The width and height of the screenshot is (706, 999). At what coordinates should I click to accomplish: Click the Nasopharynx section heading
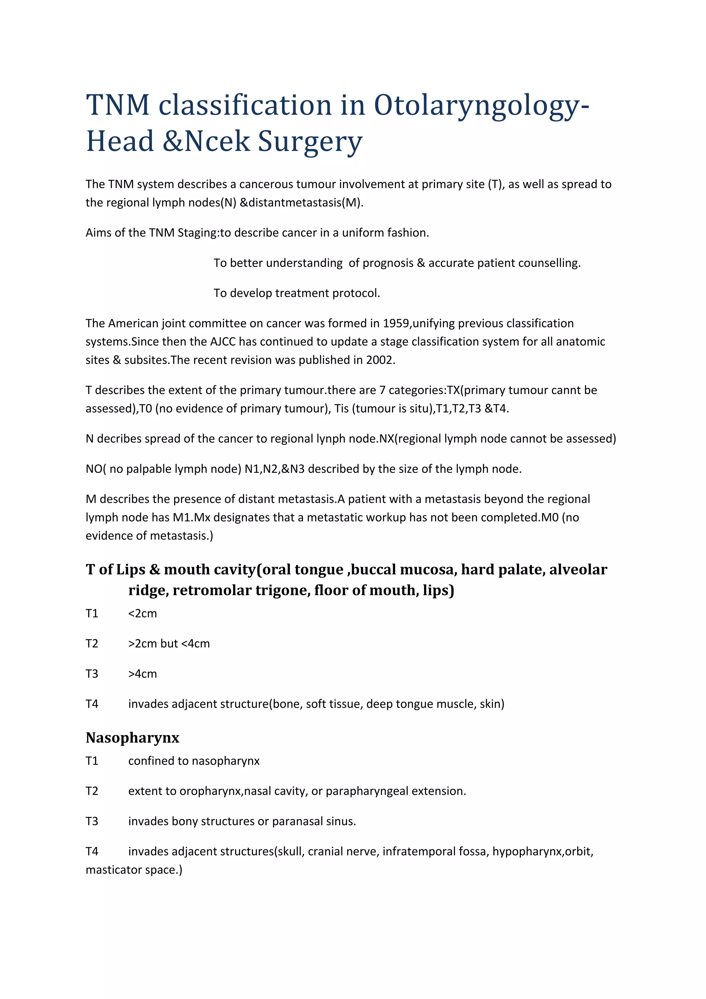132,737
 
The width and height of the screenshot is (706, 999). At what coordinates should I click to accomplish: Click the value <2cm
142,614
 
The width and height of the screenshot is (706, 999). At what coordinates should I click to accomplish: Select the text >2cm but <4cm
169,644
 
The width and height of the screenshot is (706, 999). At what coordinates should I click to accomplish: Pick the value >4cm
142,674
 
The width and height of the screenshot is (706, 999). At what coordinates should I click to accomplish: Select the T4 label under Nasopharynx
92,851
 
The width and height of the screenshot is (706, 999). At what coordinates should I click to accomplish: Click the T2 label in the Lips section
92,644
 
